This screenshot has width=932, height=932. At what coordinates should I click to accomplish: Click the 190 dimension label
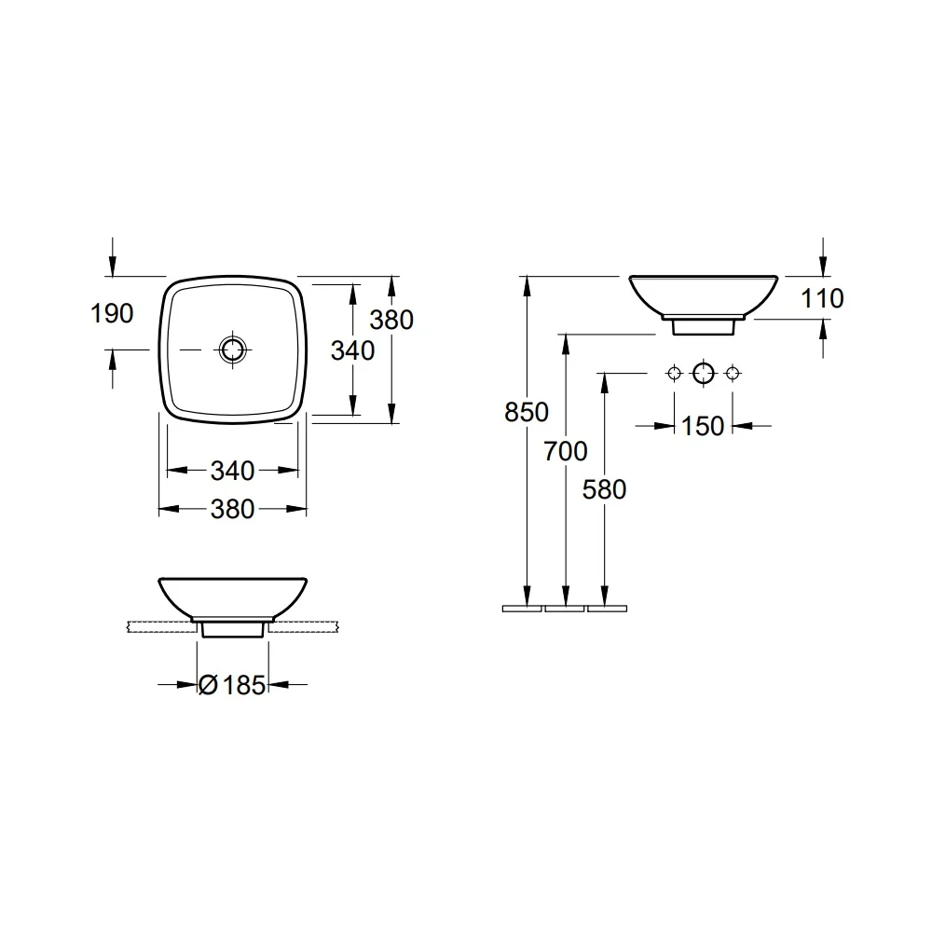tap(112, 313)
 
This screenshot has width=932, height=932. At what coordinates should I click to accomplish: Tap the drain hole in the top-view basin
tap(232, 349)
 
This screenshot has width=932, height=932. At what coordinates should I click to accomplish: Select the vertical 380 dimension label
tap(391, 320)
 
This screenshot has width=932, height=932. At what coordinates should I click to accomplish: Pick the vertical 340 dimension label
tap(352, 350)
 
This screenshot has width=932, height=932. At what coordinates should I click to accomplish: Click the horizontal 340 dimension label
tap(232, 471)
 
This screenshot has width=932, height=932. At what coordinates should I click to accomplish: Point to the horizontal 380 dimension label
tap(232, 510)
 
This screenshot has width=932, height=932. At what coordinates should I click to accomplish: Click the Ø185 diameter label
tap(232, 685)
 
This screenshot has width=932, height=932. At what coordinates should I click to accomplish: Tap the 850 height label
tap(526, 412)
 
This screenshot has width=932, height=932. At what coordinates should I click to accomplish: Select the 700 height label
tap(566, 451)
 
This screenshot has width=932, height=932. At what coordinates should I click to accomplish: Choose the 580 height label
tap(604, 490)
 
